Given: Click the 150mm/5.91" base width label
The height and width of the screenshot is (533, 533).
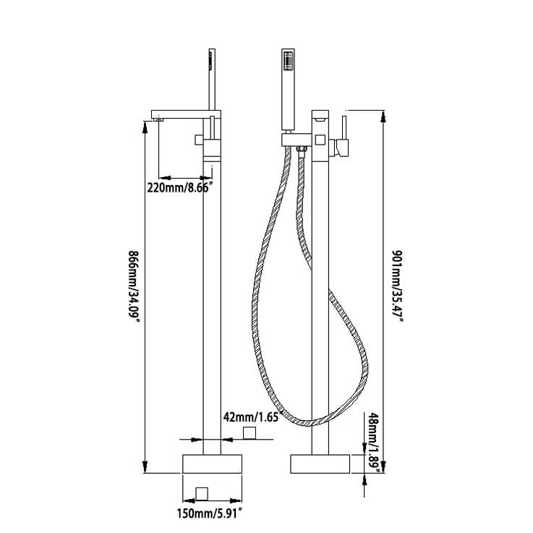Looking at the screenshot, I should tap(210, 514).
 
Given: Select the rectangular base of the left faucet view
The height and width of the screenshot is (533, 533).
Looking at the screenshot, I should tap(210, 463).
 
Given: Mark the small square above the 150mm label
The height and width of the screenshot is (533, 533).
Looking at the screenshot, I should tap(202, 493).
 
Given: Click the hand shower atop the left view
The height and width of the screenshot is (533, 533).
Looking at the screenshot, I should tap(210, 80).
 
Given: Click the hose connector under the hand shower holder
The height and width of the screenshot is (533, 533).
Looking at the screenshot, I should tap(300, 150).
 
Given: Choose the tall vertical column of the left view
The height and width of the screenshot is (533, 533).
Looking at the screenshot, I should tap(210, 304).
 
